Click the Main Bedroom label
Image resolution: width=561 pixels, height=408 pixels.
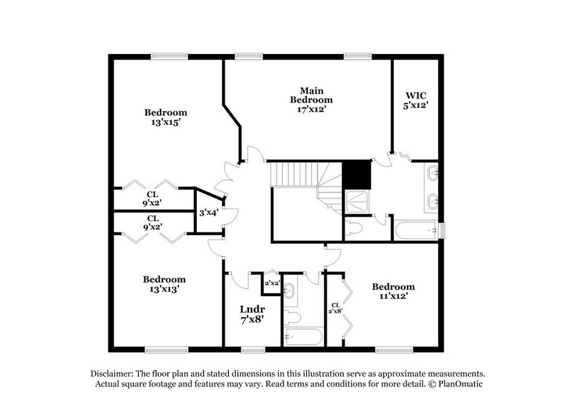click(x=307, y=99)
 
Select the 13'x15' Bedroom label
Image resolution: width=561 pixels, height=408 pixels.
click(x=166, y=117)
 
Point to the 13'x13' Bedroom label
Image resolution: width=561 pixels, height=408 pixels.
click(x=165, y=284)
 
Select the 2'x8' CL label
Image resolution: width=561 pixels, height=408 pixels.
click(x=336, y=308)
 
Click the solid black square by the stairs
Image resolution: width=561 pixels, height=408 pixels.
click(x=358, y=173)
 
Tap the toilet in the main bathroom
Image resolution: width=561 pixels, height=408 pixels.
click(x=356, y=228)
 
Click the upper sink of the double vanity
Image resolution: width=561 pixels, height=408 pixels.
click(x=431, y=173)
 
